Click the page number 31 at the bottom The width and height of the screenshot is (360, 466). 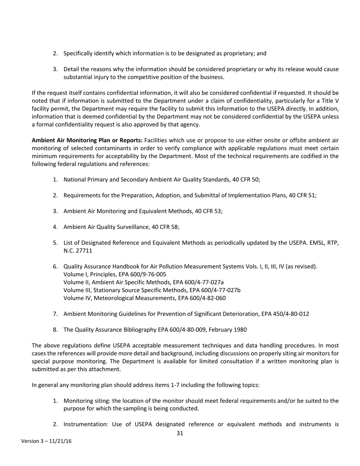pos(180,433)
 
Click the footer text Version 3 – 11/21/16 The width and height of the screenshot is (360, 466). pos(46,441)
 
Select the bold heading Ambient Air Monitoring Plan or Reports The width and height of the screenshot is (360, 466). pos(87,140)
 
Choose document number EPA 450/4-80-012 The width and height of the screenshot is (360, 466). pos(285,314)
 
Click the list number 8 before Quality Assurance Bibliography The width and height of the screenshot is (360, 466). pos(55,330)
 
